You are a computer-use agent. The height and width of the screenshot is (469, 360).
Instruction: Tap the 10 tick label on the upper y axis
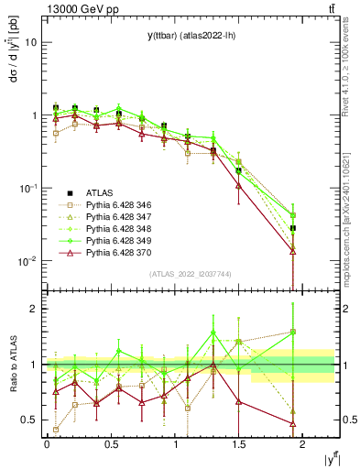tap(31, 42)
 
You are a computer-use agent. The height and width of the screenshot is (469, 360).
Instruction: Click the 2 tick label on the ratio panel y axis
tap(33, 309)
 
